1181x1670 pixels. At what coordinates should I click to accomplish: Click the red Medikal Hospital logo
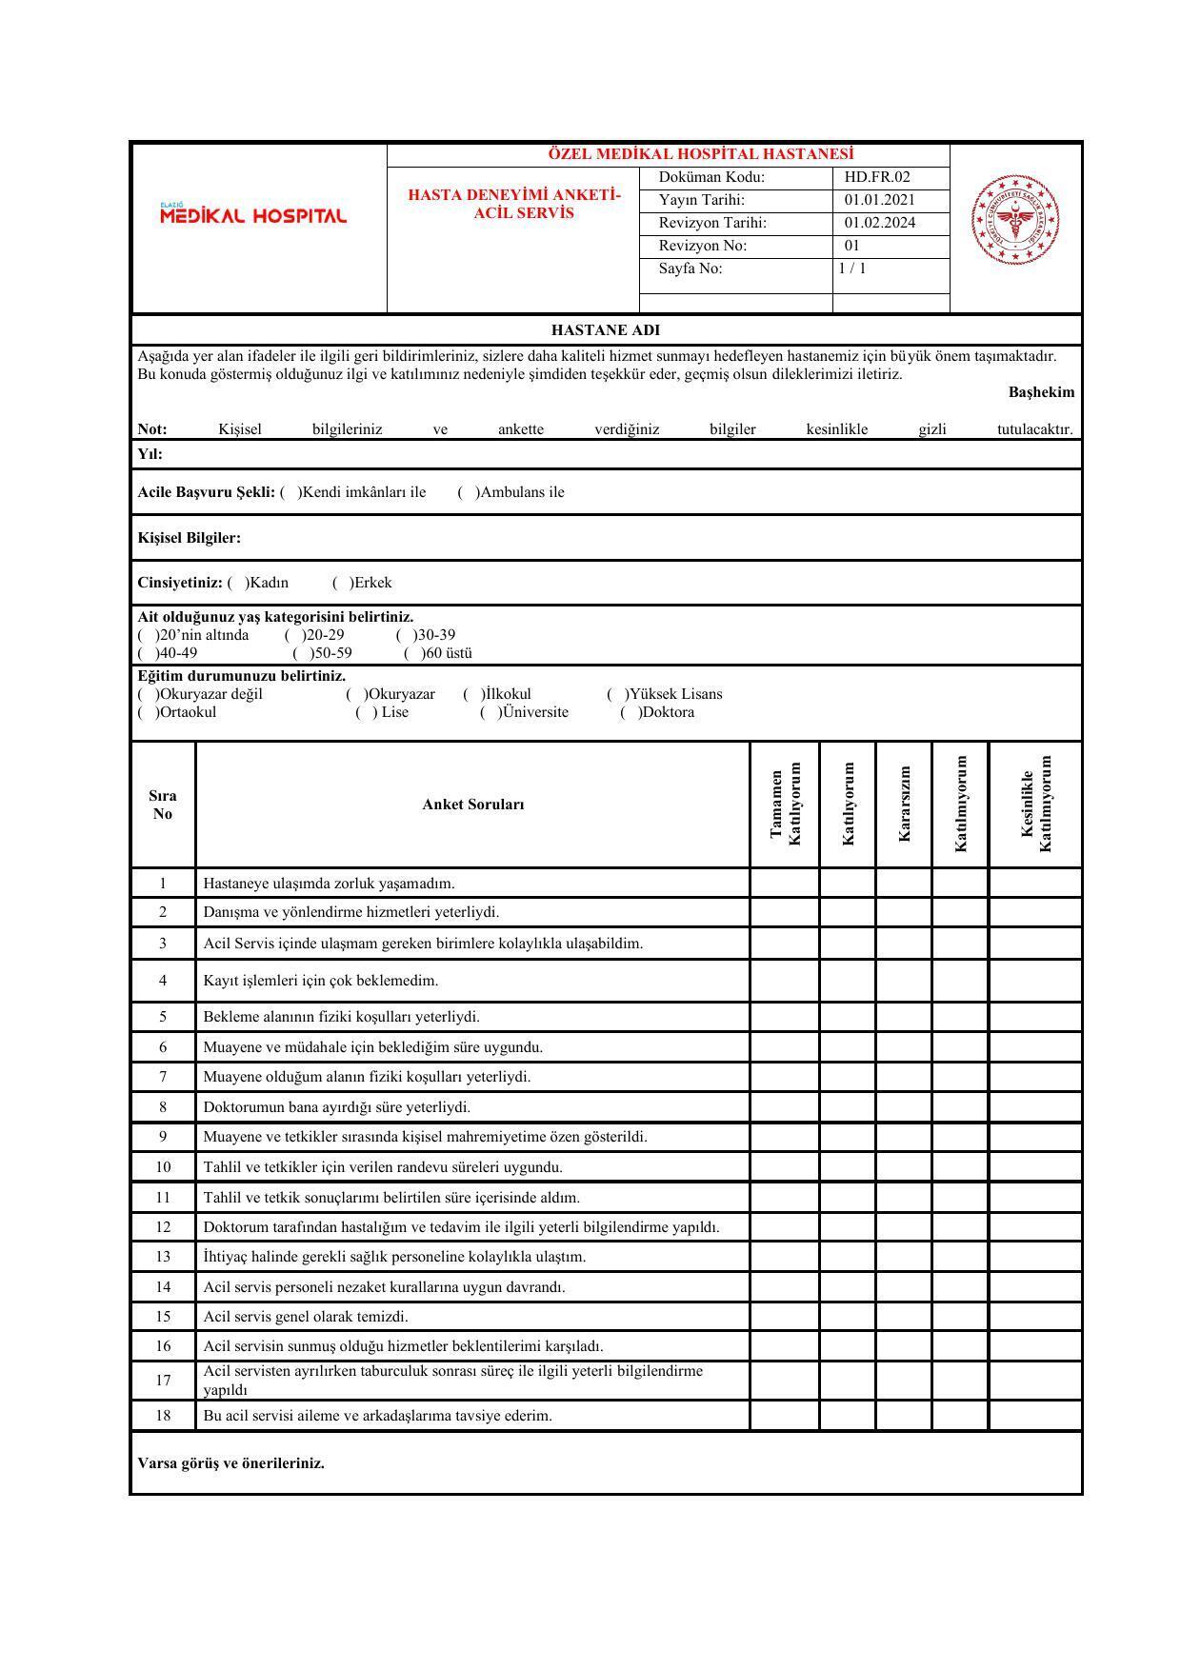pyautogui.click(x=253, y=215)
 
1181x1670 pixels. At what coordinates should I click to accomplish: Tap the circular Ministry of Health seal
pyautogui.click(x=1015, y=220)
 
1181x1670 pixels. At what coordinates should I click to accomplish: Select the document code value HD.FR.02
pyautogui.click(x=877, y=177)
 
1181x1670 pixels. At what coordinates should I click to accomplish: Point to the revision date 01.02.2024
pyautogui.click(x=880, y=223)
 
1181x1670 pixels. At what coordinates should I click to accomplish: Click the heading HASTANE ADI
pyautogui.click(x=605, y=330)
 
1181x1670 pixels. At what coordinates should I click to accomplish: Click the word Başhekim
pyautogui.click(x=1041, y=392)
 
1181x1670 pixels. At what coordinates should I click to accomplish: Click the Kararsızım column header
pyautogui.click(x=904, y=804)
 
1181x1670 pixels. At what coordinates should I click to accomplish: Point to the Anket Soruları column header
pyautogui.click(x=473, y=805)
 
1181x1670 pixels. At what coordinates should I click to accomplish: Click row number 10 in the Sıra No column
pyautogui.click(x=163, y=1167)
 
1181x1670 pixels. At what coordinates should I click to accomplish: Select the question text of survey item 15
pyautogui.click(x=306, y=1317)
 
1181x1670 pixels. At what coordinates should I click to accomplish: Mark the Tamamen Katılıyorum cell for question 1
pyautogui.click(x=785, y=884)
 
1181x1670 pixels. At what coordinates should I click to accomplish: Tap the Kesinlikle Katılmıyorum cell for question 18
pyautogui.click(x=1035, y=1416)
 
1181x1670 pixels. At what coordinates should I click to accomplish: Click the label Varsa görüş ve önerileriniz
pyautogui.click(x=231, y=1463)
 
